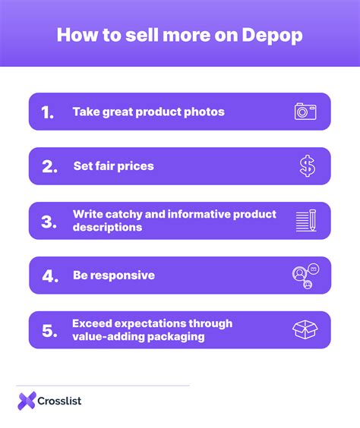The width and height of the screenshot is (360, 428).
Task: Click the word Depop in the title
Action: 274,36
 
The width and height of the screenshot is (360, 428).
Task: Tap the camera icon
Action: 305,112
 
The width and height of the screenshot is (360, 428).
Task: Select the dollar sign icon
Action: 306,166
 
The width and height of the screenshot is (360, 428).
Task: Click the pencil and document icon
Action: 305,221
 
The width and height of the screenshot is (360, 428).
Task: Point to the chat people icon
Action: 304,276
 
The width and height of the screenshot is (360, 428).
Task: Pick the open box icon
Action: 305,330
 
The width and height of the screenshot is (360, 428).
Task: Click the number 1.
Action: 48,112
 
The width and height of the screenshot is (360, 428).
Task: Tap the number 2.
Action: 49,167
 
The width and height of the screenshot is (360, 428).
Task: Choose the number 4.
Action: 50,276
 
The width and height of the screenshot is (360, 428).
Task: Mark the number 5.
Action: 49,331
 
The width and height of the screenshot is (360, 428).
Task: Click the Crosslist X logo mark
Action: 27,400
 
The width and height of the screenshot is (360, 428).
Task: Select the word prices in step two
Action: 136,166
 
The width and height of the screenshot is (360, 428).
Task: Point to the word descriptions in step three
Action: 107,227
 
